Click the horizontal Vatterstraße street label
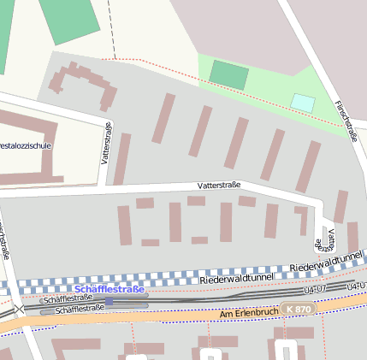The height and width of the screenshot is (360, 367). click(218, 185)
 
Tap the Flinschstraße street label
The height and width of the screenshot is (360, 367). click(347, 119)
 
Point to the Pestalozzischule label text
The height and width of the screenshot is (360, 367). click(26, 145)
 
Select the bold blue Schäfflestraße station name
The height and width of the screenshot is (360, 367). click(110, 289)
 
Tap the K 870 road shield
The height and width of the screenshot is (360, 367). click(296, 308)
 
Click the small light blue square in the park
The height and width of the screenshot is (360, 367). click(303, 103)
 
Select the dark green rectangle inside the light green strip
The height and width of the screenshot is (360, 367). click(228, 74)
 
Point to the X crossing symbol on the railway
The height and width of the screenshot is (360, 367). click(19, 309)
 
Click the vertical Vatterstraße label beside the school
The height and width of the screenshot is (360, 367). click(105, 143)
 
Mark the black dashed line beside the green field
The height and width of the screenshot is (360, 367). click(112, 30)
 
